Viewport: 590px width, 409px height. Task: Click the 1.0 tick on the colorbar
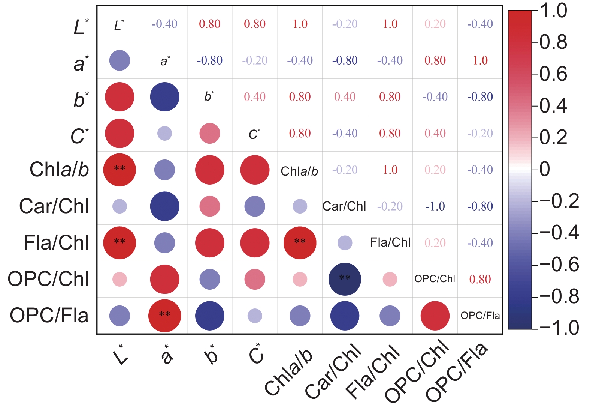(554, 11)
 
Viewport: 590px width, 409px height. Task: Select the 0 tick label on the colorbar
(545, 169)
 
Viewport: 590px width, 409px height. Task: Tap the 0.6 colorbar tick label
(553, 74)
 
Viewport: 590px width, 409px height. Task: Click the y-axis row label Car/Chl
(54, 206)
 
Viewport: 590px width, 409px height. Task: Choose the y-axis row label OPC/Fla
(49, 315)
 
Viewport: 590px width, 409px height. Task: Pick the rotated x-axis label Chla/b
(288, 372)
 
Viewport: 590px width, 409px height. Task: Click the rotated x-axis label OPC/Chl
(417, 371)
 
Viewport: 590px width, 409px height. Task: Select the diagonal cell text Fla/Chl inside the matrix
(390, 243)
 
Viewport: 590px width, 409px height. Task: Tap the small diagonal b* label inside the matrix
(209, 96)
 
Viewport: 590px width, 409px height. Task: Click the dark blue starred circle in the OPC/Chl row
(345, 279)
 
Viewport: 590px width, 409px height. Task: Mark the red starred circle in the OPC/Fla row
(165, 316)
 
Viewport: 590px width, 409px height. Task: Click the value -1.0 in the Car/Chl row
(435, 206)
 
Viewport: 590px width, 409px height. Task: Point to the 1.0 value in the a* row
(480, 60)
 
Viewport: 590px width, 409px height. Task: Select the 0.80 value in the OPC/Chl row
(480, 279)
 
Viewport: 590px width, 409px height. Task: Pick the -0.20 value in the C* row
(480, 133)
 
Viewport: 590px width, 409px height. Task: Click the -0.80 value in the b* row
(480, 97)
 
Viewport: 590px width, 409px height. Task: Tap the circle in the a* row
(119, 60)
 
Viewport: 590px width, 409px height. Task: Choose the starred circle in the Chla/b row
(119, 170)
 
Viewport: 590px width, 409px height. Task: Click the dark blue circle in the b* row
(165, 97)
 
